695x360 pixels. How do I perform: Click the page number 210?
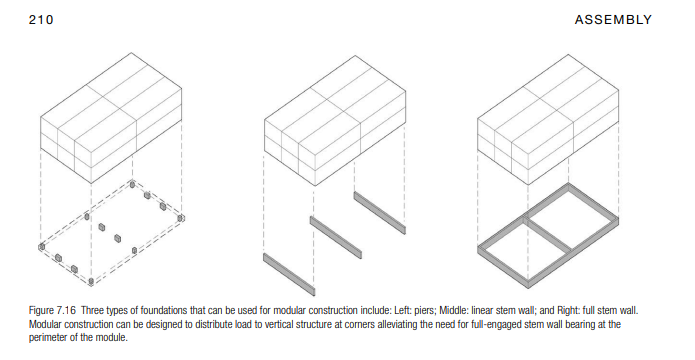pos(41,20)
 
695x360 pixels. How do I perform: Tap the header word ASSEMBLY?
pos(613,20)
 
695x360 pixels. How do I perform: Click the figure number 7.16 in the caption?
pos(65,310)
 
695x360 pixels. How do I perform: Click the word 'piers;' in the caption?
pos(425,311)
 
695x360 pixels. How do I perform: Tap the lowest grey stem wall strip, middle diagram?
pos(289,274)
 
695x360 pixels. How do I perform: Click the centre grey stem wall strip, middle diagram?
pos(336,238)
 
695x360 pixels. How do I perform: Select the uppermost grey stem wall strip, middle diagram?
pos(379,213)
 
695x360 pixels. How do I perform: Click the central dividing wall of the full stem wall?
pos(547,235)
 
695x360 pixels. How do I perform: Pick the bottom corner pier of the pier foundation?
pos(91,281)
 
